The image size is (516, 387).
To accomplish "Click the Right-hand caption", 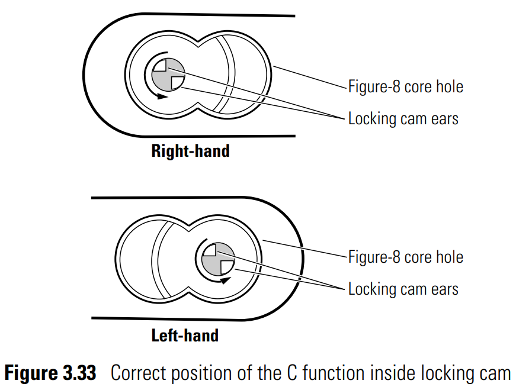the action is pyautogui.click(x=190, y=151).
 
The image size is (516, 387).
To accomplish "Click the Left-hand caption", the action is pyautogui.click(x=185, y=336).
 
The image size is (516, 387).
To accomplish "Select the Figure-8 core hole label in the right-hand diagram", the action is pyautogui.click(x=406, y=87).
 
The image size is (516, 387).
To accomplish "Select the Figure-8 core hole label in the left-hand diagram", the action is pyautogui.click(x=406, y=257).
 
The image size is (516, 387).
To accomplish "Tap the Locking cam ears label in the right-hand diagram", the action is pyautogui.click(x=403, y=119).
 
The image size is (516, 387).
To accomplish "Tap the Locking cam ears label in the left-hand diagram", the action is pyautogui.click(x=403, y=289).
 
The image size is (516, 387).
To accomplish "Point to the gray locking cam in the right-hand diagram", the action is pyautogui.click(x=168, y=75).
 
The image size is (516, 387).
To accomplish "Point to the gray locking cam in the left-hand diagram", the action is pyautogui.click(x=218, y=259).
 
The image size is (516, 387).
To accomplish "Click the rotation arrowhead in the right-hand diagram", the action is pyautogui.click(x=162, y=96).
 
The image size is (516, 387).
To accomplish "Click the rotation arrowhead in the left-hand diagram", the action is pyautogui.click(x=226, y=280).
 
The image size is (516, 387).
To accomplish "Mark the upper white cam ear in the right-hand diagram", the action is pyautogui.click(x=161, y=66).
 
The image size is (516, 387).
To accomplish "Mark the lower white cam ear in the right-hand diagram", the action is pyautogui.click(x=177, y=82).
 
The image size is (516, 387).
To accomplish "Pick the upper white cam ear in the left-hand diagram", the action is pyautogui.click(x=210, y=250).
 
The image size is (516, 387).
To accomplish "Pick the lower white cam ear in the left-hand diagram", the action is pyautogui.click(x=227, y=267).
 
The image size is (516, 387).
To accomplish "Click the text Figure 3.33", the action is pyautogui.click(x=50, y=373).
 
